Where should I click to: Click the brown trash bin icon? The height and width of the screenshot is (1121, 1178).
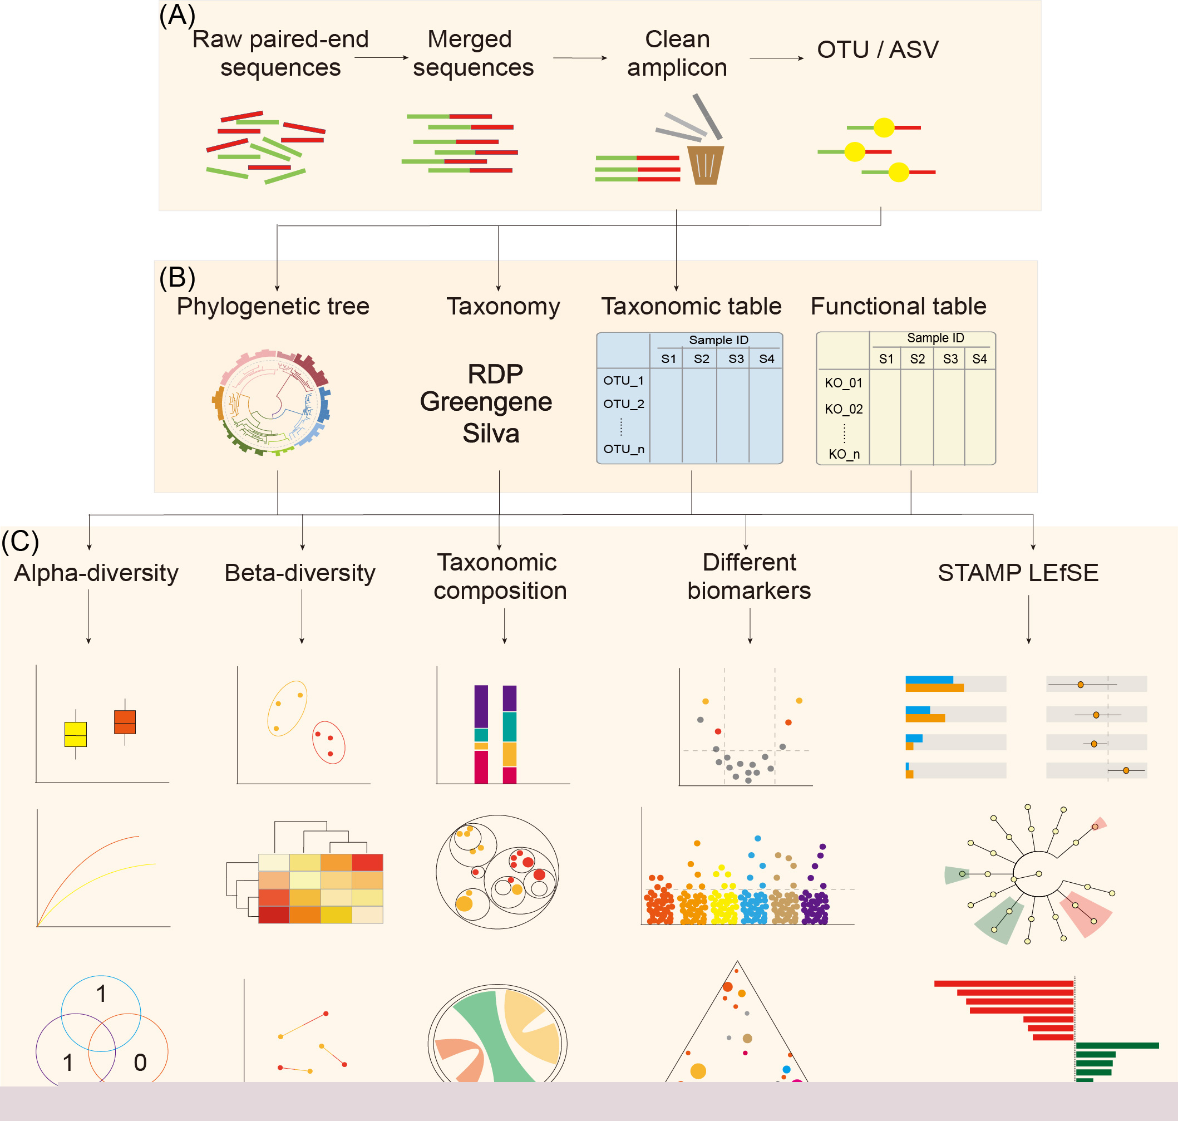click(706, 165)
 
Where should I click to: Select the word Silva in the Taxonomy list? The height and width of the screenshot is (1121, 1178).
click(491, 433)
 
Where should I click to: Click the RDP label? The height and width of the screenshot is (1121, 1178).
click(495, 374)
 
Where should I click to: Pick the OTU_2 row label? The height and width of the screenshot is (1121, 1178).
click(624, 404)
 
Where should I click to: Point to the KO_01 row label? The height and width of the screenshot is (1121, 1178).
click(844, 383)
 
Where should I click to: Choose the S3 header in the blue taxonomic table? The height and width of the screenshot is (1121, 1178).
click(736, 358)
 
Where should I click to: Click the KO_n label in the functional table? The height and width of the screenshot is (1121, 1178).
click(844, 454)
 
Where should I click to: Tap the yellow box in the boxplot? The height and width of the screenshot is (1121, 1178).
click(76, 734)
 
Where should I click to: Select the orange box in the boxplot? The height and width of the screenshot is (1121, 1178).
click(125, 722)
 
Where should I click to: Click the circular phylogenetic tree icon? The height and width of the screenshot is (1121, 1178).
click(272, 403)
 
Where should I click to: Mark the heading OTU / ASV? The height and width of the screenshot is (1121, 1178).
click(878, 50)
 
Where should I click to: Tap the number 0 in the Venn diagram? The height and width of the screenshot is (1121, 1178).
click(140, 1063)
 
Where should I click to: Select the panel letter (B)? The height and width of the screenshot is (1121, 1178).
click(178, 277)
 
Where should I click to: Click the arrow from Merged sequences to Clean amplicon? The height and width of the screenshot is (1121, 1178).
click(580, 58)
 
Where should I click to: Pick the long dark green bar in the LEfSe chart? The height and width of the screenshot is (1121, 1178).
click(1117, 1046)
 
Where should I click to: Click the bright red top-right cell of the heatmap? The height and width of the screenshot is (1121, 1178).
click(367, 862)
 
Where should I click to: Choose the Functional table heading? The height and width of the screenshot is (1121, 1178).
click(899, 306)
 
